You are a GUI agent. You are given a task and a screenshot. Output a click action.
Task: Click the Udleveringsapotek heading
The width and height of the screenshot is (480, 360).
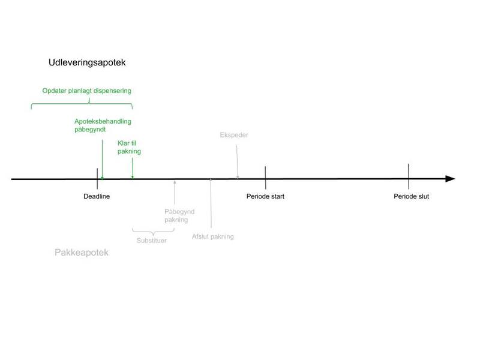[x=87, y=63]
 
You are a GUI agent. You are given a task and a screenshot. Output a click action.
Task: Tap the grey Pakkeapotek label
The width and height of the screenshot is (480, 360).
[x=82, y=253]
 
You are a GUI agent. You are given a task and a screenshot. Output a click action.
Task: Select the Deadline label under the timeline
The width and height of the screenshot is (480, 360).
[x=97, y=196]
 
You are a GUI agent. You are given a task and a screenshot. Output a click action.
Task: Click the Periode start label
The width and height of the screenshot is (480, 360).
[x=265, y=196]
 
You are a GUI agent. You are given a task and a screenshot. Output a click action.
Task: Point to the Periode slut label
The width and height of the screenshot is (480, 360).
[x=412, y=196]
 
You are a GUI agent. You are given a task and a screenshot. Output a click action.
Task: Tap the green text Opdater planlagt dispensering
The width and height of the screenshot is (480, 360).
[x=86, y=91]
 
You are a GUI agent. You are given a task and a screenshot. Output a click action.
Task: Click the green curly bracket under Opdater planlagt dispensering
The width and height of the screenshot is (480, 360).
[x=82, y=104]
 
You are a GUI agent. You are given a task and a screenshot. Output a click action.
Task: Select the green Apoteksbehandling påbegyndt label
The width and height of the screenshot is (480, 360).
[x=103, y=125]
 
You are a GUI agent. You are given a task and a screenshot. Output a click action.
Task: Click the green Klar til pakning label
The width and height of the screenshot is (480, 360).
[x=129, y=147]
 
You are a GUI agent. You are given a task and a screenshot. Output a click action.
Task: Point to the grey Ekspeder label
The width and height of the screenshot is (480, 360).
[x=234, y=135]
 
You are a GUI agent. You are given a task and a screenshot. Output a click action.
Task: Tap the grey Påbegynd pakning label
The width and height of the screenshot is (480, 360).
[x=179, y=215]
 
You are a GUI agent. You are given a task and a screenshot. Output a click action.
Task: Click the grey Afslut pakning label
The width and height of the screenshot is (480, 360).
[x=213, y=236]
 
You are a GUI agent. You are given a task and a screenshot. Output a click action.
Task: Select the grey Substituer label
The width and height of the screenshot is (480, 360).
[x=152, y=241]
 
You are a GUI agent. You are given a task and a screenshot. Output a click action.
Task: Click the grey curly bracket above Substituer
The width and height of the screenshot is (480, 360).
[x=153, y=232]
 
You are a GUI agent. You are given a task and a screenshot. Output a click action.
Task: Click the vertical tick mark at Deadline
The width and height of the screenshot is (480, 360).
[x=97, y=178]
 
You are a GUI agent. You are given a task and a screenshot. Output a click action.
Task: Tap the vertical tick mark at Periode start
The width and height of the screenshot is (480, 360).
[x=265, y=178]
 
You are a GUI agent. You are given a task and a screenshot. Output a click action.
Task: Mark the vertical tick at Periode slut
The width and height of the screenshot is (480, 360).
[x=409, y=176]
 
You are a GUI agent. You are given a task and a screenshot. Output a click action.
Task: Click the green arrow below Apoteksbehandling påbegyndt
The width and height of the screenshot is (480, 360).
[x=102, y=159]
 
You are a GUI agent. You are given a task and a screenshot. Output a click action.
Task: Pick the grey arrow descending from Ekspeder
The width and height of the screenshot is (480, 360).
[x=237, y=161]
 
